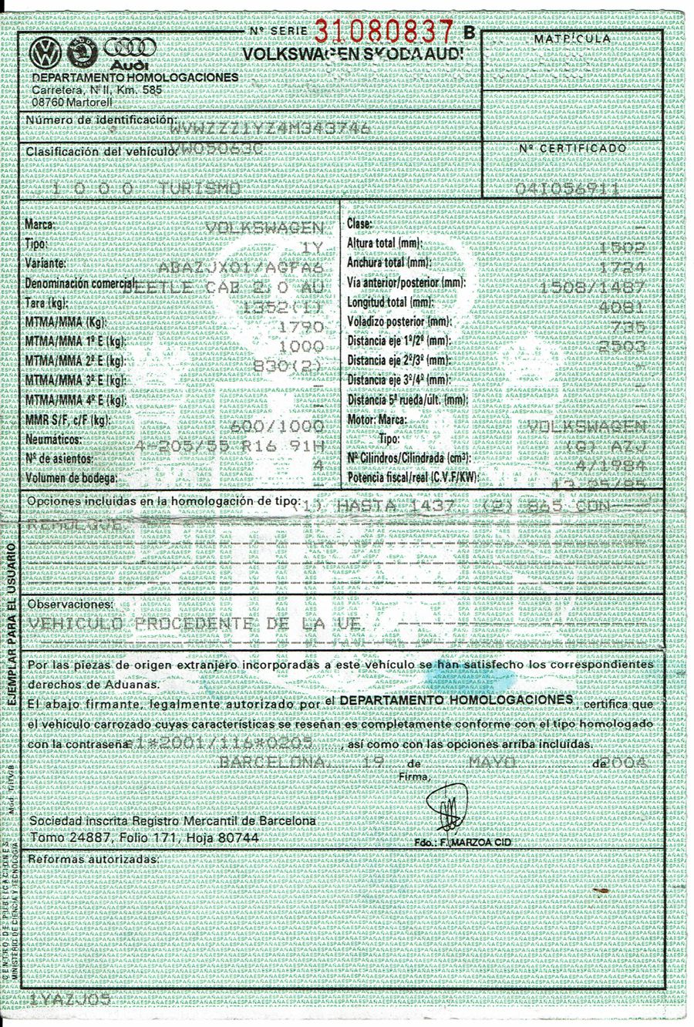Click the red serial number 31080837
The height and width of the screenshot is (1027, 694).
click(x=383, y=31)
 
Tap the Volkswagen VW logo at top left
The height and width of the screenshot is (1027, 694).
click(x=45, y=54)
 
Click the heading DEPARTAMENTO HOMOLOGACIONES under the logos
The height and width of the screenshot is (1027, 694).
click(x=136, y=79)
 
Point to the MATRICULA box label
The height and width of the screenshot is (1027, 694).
click(x=571, y=39)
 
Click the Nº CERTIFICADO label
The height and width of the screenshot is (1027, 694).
click(x=572, y=148)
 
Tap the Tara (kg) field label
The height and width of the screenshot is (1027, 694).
click(x=45, y=303)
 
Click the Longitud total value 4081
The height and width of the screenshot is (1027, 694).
click(x=625, y=305)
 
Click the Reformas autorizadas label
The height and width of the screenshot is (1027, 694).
click(x=93, y=858)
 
